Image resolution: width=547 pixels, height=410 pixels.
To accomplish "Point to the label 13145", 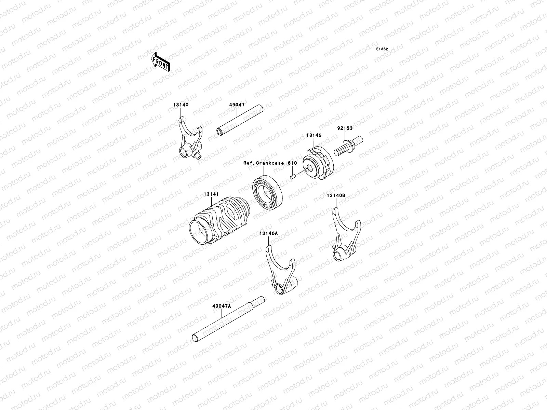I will click(313, 135).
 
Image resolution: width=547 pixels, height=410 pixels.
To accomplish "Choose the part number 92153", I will click(345, 128).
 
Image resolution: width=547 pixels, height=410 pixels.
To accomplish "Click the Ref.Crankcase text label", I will click(264, 163).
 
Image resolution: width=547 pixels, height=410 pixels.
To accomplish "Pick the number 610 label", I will click(292, 163).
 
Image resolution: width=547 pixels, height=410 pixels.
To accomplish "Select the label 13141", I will click(211, 194).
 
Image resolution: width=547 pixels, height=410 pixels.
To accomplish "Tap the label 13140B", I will click(336, 195).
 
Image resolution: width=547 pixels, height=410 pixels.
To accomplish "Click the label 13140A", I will click(268, 233).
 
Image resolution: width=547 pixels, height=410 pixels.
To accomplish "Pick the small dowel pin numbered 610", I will click(292, 176).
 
